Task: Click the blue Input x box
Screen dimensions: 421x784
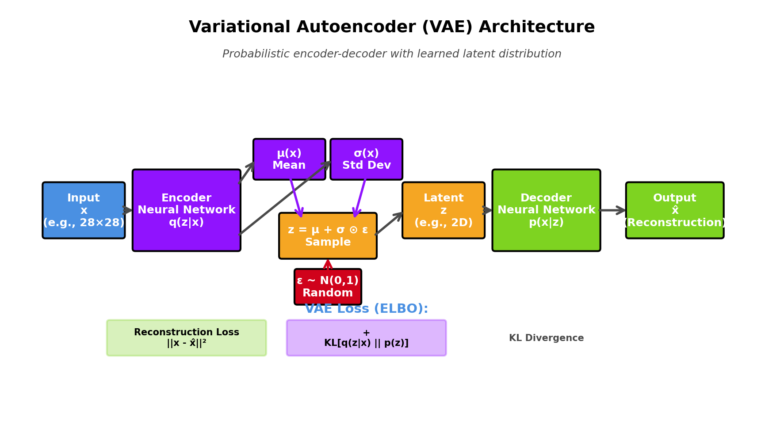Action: (x=84, y=210)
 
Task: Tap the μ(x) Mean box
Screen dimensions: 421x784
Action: (x=289, y=159)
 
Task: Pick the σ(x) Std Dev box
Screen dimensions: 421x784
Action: (x=366, y=159)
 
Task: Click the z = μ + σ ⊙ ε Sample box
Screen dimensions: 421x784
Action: (x=328, y=236)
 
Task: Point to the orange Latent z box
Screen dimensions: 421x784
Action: (x=443, y=210)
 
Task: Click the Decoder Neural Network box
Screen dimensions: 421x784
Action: (x=546, y=210)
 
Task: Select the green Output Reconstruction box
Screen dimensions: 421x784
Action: (x=674, y=210)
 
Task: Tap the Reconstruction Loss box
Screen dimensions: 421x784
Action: (x=186, y=338)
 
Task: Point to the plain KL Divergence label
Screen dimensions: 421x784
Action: (x=546, y=338)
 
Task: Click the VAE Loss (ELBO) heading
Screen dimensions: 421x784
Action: (x=366, y=309)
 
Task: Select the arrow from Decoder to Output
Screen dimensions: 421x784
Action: (x=612, y=210)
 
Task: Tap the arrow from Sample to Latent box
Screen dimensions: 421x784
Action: (x=389, y=224)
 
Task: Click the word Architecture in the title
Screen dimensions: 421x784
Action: (x=536, y=27)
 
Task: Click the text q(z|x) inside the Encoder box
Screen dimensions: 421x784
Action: (x=186, y=223)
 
